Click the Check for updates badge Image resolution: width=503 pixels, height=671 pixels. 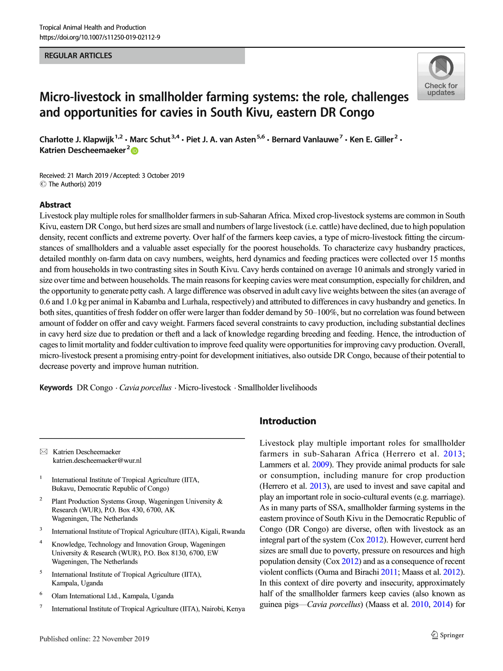pos(441,76)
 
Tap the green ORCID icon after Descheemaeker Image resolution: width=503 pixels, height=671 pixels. pos(135,151)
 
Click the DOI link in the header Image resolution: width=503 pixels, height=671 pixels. pos(100,37)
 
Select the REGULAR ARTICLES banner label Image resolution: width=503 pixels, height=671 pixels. pos(78,56)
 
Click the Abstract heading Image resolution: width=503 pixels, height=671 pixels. pos(55,205)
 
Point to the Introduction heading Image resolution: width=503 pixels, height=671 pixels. pos(288,421)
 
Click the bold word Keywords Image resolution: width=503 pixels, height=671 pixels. pos(56,388)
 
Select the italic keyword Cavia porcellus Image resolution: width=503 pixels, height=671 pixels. pos(145,388)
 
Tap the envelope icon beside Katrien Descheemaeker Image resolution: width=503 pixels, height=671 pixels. pos(44,452)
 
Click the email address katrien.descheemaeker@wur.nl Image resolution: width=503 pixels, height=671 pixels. pos(97,460)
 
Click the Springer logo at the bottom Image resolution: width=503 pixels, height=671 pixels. pos(447,635)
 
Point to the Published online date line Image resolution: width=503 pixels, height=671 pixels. pos(94,639)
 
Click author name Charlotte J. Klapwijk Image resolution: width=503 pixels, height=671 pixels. pos(77,140)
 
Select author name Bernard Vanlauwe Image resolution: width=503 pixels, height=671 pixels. pos(305,140)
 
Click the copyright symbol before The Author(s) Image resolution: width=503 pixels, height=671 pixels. pos(43,184)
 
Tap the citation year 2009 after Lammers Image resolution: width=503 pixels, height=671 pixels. pos(320,465)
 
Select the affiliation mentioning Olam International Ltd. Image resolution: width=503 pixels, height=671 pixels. pos(112,596)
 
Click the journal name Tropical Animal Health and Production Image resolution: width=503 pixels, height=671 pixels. pos(92,27)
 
